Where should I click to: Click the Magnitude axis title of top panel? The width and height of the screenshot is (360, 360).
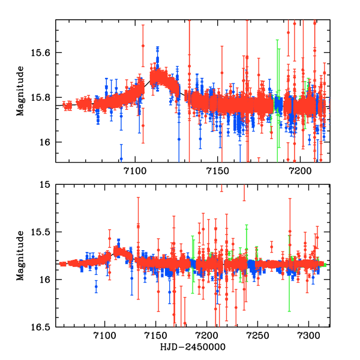21,91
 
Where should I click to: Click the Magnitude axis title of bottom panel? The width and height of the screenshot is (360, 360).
21,256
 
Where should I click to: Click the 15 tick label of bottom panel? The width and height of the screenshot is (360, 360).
46,185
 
